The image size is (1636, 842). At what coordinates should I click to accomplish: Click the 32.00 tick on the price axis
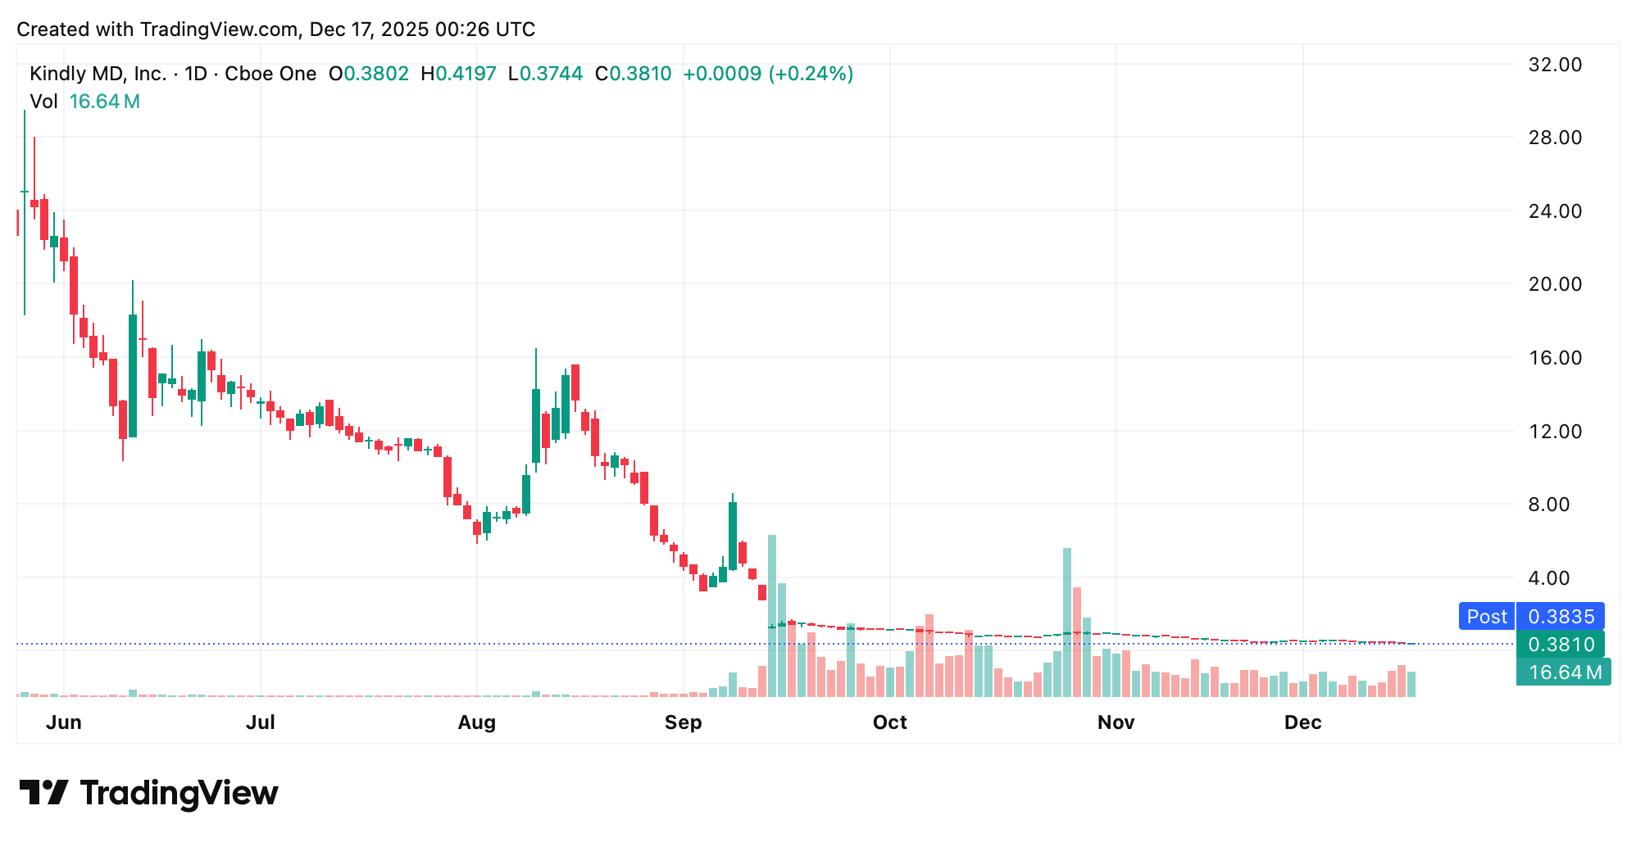click(1555, 65)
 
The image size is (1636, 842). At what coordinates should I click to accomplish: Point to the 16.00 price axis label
click(1555, 358)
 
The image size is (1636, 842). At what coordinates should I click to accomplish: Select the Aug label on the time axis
click(476, 722)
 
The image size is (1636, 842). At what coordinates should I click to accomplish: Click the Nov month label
click(1116, 722)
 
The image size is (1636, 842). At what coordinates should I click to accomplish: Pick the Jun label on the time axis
click(64, 722)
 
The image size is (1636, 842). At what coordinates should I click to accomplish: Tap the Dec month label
click(1302, 722)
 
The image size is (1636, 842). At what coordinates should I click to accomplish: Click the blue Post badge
click(1486, 617)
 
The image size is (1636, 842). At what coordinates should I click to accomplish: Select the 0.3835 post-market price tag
click(1561, 617)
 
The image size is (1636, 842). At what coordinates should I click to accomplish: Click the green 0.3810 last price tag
click(1561, 645)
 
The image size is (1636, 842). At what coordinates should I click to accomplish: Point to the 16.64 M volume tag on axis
click(1564, 672)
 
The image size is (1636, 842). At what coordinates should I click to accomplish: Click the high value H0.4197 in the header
click(458, 74)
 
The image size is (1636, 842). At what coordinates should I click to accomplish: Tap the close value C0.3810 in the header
click(633, 74)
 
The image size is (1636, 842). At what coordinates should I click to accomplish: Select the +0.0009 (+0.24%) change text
click(768, 74)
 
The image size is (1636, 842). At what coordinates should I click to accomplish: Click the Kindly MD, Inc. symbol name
click(98, 74)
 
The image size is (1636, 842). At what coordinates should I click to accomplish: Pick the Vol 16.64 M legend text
click(84, 102)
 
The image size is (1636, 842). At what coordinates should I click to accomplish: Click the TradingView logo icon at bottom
click(43, 793)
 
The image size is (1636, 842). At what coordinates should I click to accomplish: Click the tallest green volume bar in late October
click(1067, 622)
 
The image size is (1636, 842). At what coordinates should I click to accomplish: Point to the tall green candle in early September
click(733, 536)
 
